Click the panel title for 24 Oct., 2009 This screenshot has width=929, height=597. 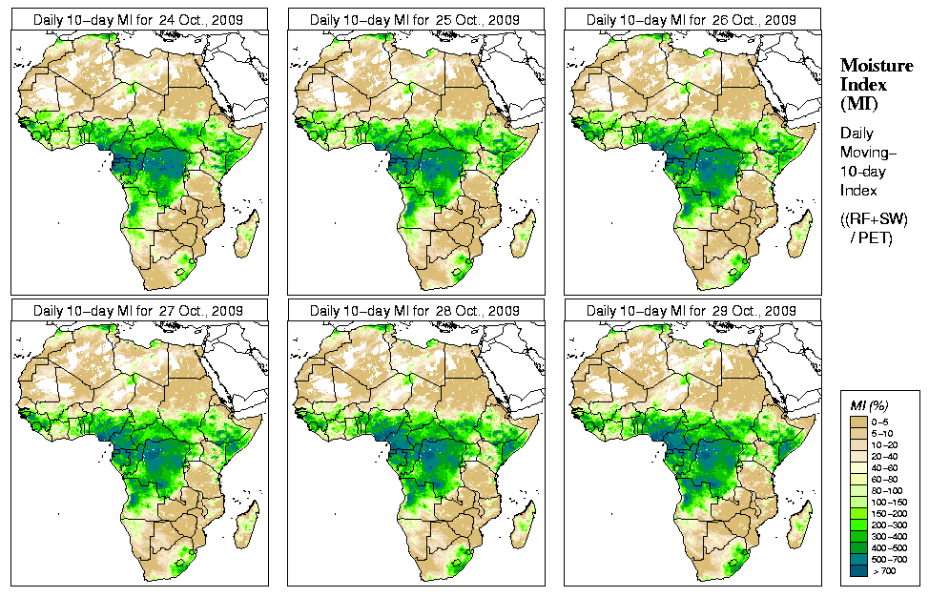(138, 19)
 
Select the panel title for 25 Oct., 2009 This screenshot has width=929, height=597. (415, 19)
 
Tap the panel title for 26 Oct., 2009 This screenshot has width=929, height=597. (692, 19)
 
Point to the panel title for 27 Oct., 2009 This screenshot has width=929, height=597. (138, 311)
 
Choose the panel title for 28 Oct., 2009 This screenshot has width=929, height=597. (415, 311)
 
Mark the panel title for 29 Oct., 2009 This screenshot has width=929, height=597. (692, 311)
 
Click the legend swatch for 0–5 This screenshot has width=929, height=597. (857, 420)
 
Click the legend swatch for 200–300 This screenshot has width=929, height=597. (857, 524)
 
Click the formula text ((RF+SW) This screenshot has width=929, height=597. (874, 219)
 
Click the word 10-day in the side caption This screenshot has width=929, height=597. (861, 172)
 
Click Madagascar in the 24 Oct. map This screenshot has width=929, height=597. (248, 235)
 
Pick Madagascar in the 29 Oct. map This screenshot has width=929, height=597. (801, 526)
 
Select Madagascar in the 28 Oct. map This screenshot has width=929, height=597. (525, 526)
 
